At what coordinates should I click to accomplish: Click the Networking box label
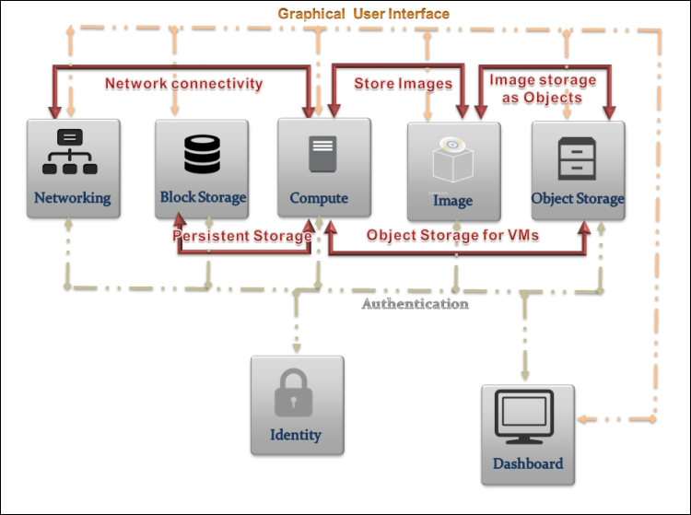tap(72, 197)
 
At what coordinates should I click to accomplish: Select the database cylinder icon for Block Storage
tap(202, 154)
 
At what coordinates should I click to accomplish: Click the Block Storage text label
tap(203, 197)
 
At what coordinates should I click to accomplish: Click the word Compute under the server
tap(319, 198)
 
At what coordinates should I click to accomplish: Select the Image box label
tap(453, 200)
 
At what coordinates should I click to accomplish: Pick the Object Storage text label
tap(578, 198)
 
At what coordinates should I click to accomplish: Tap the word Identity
tap(296, 435)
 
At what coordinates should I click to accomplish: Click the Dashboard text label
tap(528, 463)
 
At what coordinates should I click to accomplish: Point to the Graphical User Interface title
tap(364, 14)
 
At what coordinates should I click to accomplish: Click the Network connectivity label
tap(183, 84)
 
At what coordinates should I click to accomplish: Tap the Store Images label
tap(404, 84)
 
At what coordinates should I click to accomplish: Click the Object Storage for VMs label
tap(452, 236)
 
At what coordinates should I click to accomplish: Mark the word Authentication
tap(415, 304)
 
